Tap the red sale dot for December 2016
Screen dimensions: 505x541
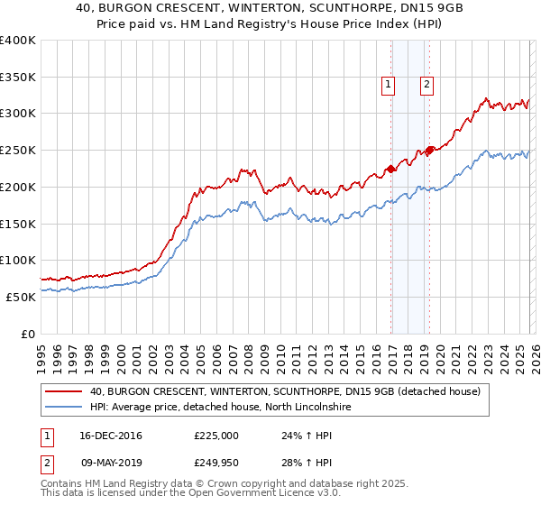[390, 168]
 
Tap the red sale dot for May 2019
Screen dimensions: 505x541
[429, 150]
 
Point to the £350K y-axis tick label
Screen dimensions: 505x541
[18, 78]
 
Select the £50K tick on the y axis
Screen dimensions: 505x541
[21, 297]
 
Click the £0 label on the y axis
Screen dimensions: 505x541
[28, 334]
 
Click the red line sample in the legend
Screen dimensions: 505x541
[65, 391]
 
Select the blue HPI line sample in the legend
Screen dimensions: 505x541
[65, 408]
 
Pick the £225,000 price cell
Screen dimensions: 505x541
[215, 435]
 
